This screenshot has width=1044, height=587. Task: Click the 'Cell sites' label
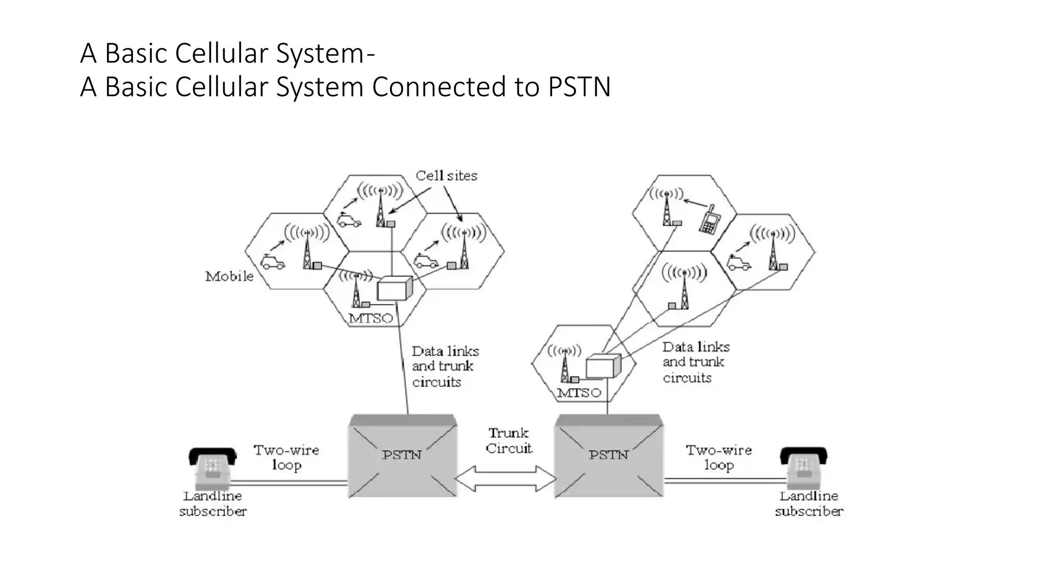tap(446, 176)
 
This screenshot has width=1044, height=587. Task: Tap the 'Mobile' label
tap(229, 276)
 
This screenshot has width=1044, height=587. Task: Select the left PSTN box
tap(402, 456)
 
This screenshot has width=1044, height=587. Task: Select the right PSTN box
tap(608, 456)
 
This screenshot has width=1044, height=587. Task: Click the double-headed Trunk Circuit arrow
tap(505, 479)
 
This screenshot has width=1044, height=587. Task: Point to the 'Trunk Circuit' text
tap(508, 441)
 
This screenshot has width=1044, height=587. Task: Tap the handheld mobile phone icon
tap(709, 220)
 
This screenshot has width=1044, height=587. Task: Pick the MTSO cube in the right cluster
tap(603, 366)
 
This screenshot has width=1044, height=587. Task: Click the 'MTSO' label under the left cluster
tap(371, 318)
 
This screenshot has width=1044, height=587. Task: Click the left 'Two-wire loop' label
tap(286, 457)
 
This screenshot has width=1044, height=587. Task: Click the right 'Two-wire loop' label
tap(718, 457)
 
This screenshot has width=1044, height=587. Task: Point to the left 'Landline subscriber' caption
tap(213, 503)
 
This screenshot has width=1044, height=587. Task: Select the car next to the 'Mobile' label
tap(272, 262)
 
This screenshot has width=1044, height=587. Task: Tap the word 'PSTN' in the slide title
tap(579, 87)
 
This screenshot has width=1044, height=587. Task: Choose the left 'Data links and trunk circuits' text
tap(445, 366)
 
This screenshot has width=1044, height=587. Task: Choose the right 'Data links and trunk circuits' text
tap(695, 362)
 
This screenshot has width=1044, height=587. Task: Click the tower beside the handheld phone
tap(667, 209)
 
